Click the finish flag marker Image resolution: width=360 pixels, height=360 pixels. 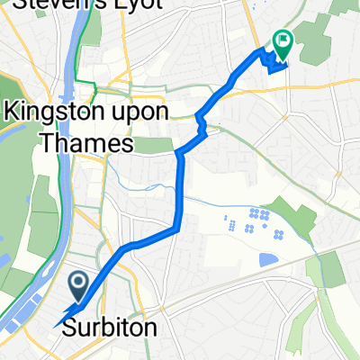pyautogui.click(x=283, y=40)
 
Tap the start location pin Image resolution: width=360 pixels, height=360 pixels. pyautogui.click(x=78, y=287)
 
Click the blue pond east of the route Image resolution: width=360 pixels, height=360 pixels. pyautogui.click(x=268, y=260)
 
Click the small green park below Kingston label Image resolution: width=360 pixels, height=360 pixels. pyautogui.click(x=157, y=145)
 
